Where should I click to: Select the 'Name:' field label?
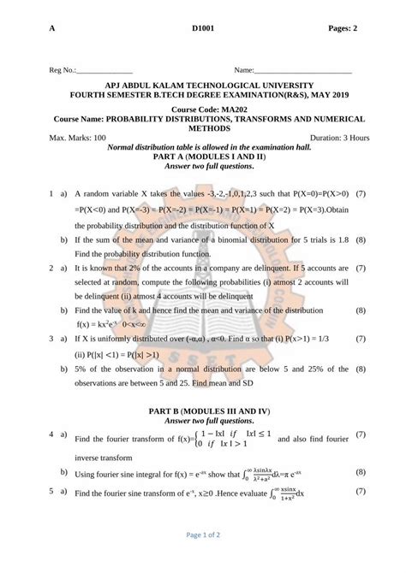point(243,69)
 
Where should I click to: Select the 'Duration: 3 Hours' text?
point(339,137)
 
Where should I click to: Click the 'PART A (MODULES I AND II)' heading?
point(203,157)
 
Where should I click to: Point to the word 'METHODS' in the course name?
point(203,127)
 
